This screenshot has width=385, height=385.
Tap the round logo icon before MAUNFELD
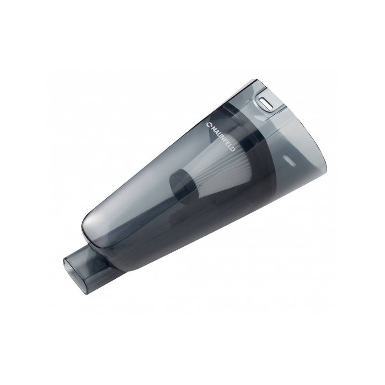(209, 125)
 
